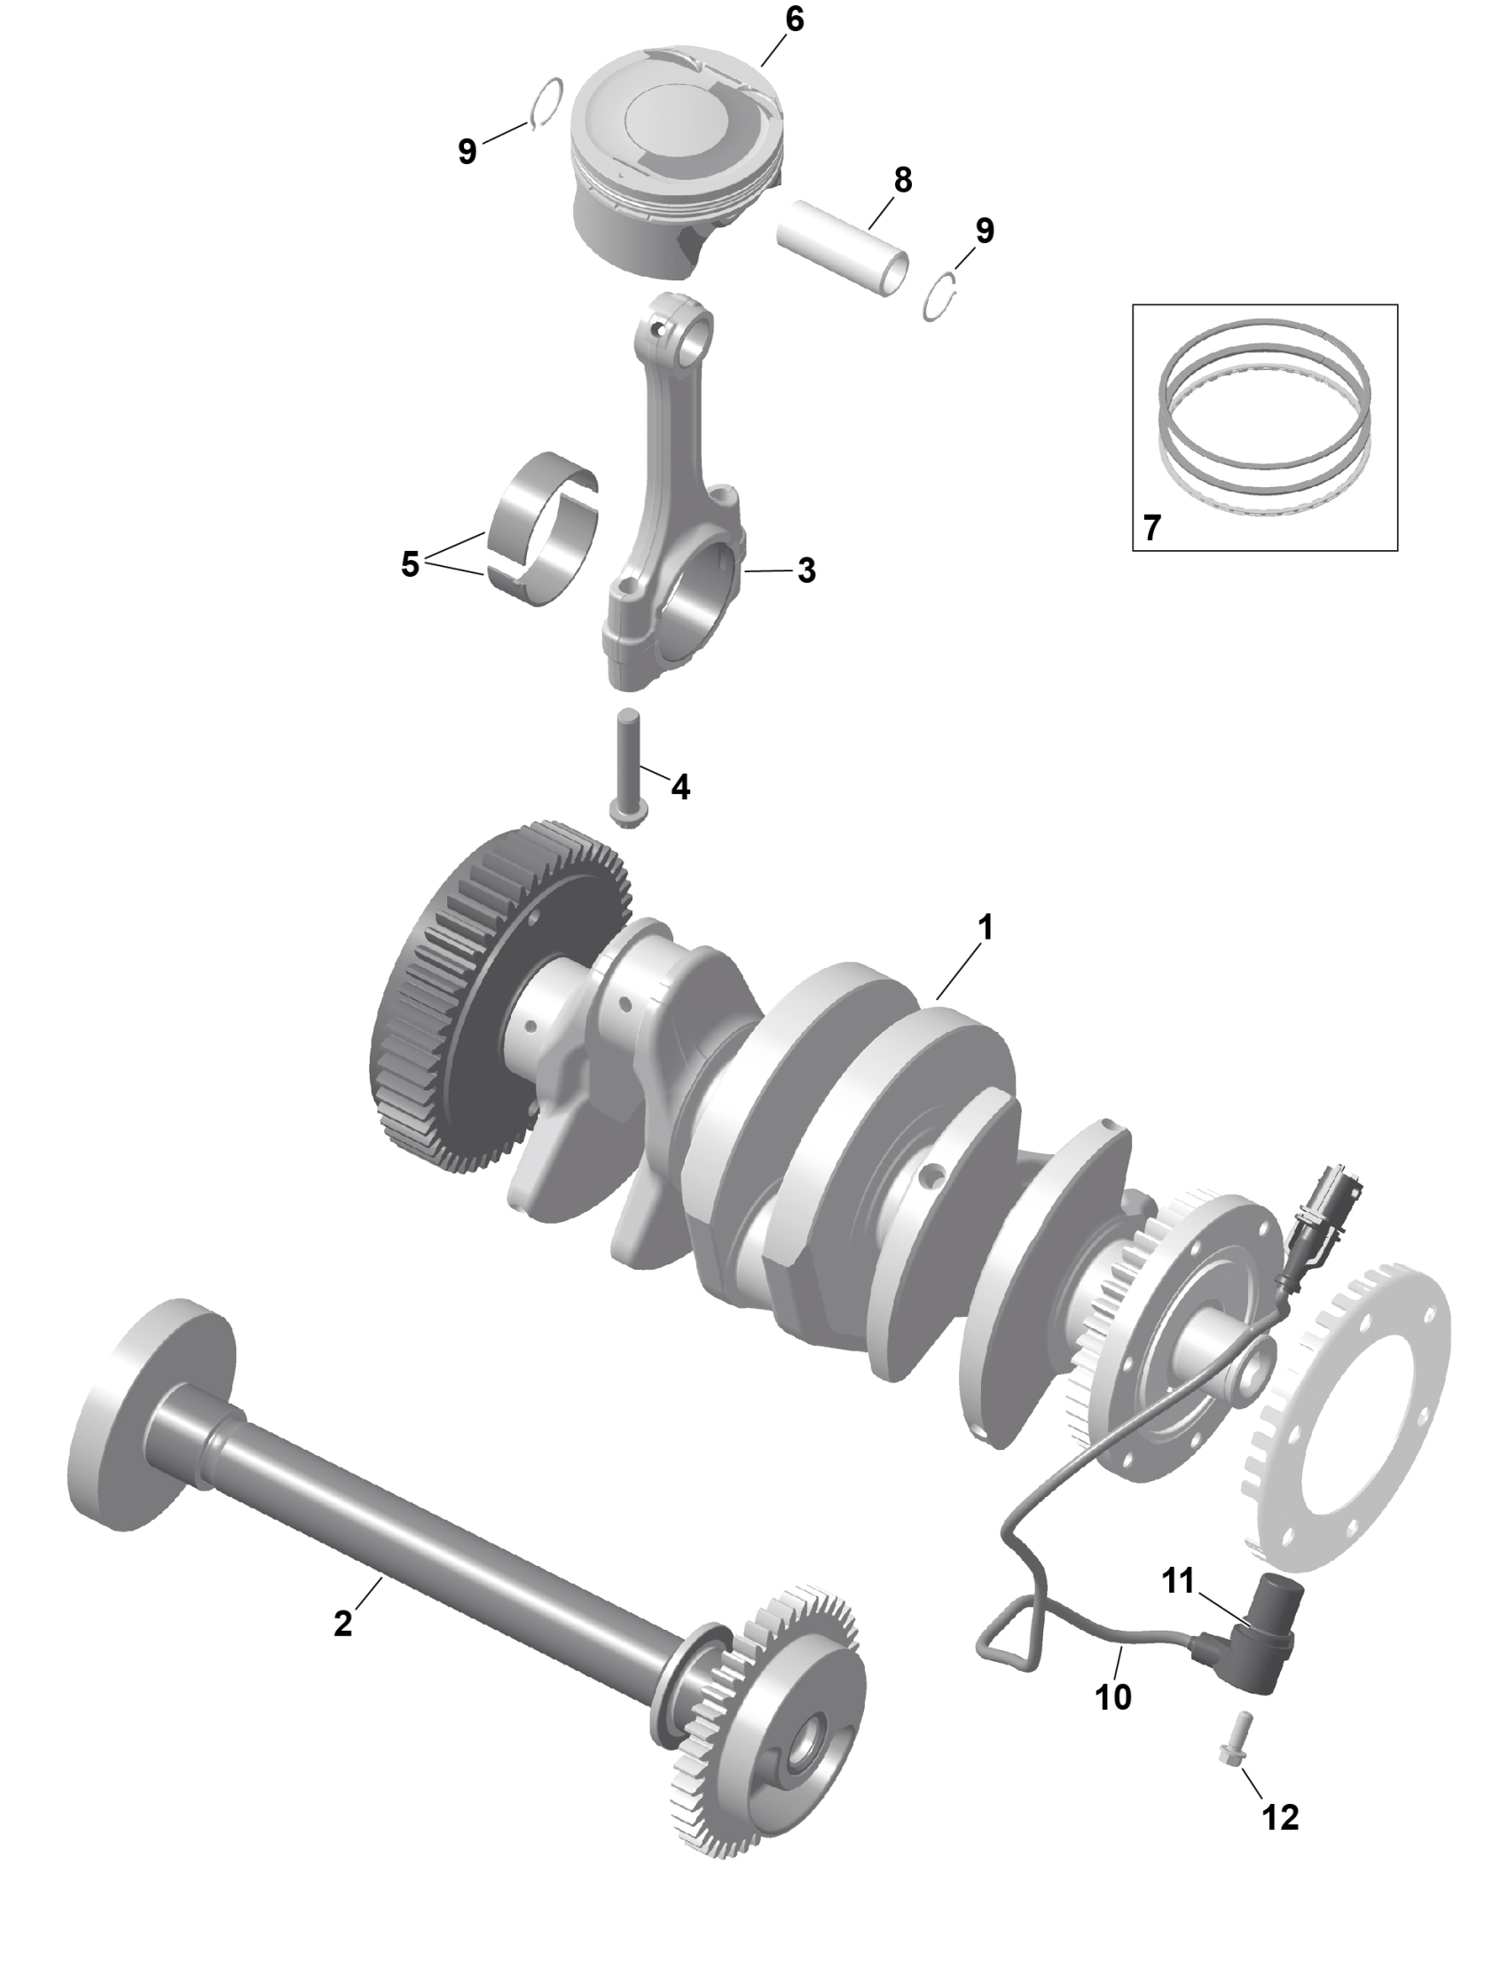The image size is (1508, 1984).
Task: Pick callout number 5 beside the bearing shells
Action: [x=410, y=564]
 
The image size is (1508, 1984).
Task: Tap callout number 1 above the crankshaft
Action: [x=986, y=928]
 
